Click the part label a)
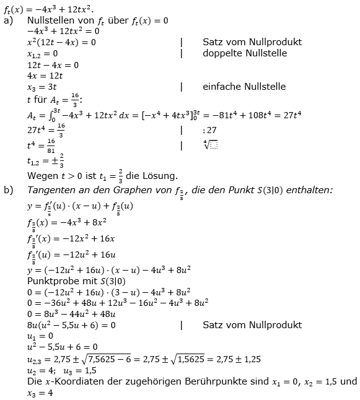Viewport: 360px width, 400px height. coord(7,20)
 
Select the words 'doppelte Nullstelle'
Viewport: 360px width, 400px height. coord(244,53)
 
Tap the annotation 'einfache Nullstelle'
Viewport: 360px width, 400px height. coord(244,87)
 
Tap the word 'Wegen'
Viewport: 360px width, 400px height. coord(41,175)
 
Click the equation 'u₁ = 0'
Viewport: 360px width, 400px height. coord(40,336)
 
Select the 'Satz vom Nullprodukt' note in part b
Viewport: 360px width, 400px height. coord(252,324)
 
